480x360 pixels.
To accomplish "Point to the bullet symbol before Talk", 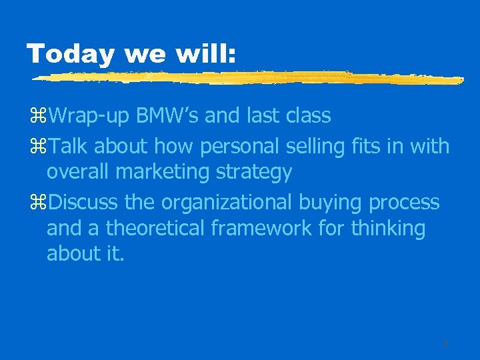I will click(x=40, y=146).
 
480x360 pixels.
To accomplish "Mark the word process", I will click(x=405, y=201).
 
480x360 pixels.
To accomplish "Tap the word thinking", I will click(x=392, y=228).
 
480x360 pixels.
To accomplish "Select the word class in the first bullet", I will click(x=307, y=116).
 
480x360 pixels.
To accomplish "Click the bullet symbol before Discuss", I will click(x=40, y=202).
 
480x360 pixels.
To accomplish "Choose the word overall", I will click(x=78, y=172).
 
